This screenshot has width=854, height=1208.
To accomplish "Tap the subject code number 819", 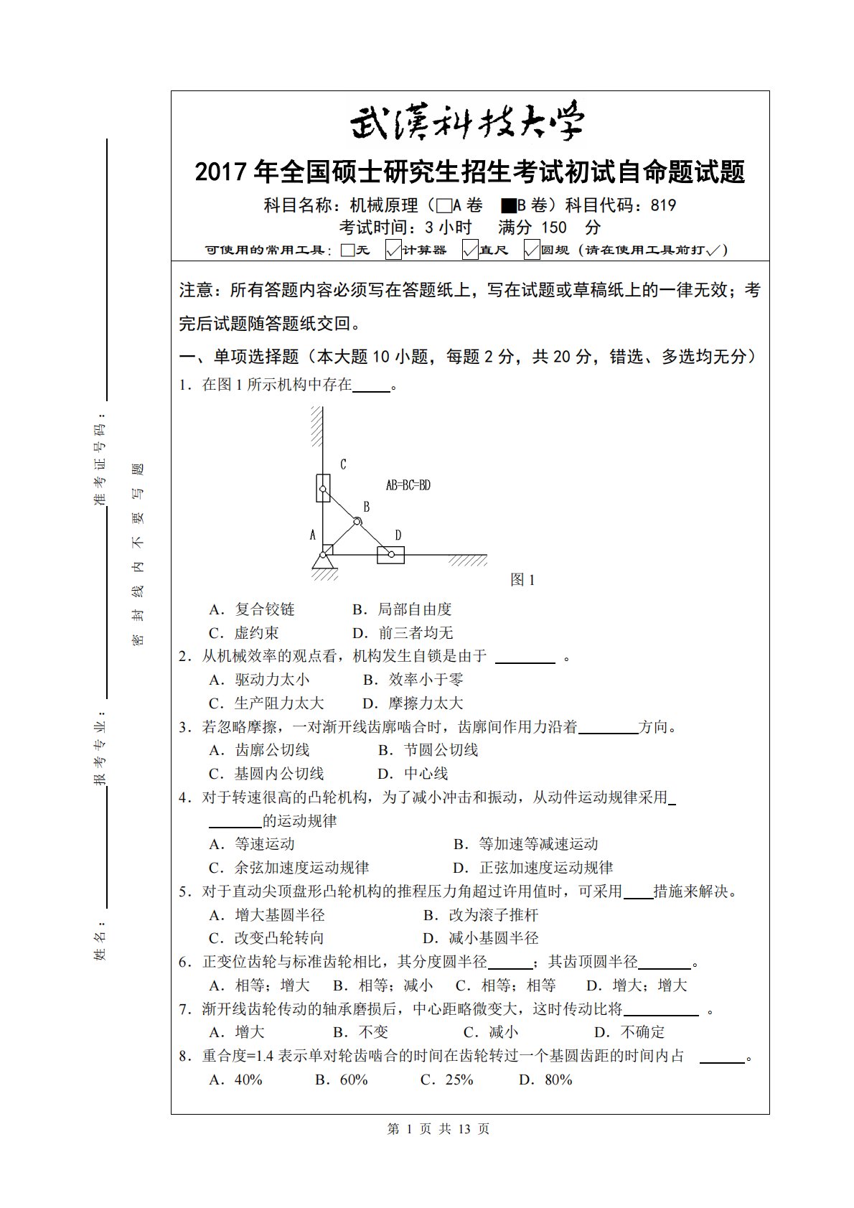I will [663, 206].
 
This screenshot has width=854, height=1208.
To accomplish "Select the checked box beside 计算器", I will [393, 251].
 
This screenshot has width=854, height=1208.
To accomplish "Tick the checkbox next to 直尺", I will [470, 251].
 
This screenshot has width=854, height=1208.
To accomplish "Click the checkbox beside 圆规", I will [532, 251].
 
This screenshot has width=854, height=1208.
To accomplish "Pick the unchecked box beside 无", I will [348, 251].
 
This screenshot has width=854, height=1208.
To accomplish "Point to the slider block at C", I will [323, 487].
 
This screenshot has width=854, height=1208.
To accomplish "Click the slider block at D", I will [390, 554].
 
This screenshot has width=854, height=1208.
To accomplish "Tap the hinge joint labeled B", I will [357, 521].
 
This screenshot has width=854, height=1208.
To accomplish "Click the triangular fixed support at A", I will [324, 561].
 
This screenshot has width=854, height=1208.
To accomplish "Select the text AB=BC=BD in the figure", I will [408, 485].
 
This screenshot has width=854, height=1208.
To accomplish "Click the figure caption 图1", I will [522, 580].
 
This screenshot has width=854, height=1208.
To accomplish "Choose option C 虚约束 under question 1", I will [243, 633].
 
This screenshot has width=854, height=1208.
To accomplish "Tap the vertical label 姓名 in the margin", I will [100, 945].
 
